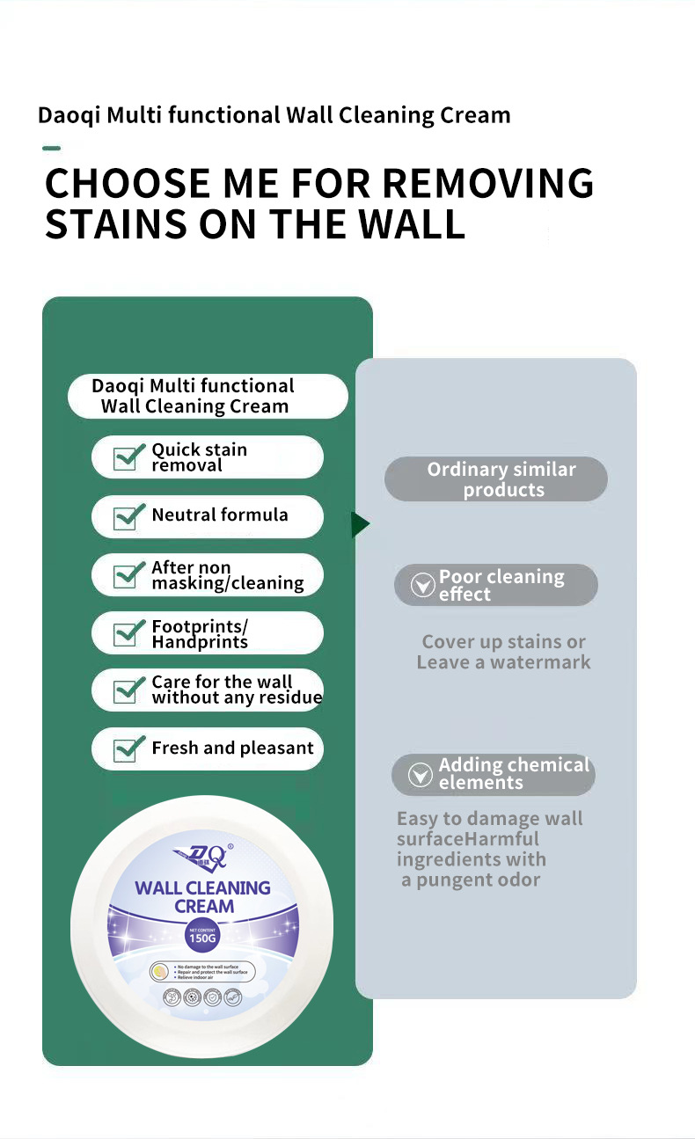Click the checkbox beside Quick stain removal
(x=129, y=457)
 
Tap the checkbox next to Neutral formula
(x=129, y=516)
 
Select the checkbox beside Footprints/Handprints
(x=129, y=633)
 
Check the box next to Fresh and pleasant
(x=129, y=749)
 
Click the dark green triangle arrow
(x=360, y=525)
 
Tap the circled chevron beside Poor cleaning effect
(x=423, y=585)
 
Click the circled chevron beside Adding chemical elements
(x=421, y=774)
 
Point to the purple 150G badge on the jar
(x=202, y=936)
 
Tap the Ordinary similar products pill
(x=496, y=479)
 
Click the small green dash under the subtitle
(x=51, y=148)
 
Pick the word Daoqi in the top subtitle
(x=69, y=115)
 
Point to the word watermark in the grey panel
(x=540, y=662)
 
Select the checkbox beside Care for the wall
(x=129, y=691)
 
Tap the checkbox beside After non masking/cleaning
(x=129, y=575)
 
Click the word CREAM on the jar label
(x=204, y=906)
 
